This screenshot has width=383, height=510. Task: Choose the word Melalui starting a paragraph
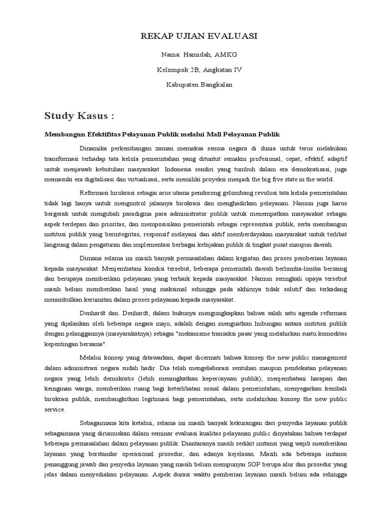pyautogui.click(x=91, y=357)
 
